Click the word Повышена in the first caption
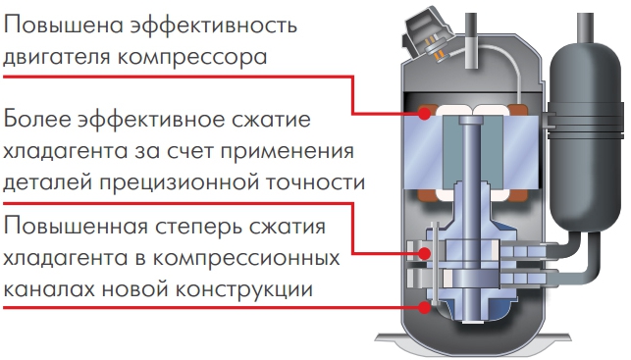pos(63,25)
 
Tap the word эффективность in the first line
pos(215,25)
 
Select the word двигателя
pos(56,56)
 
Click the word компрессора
pos(192,57)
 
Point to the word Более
pos(37,120)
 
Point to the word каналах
pos(49,289)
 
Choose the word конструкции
pos(244,289)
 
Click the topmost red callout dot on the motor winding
pos(424,114)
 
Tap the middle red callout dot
pos(424,253)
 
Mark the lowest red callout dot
pos(424,308)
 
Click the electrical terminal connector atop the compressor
pos(428,35)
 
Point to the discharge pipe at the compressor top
pos(471,40)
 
